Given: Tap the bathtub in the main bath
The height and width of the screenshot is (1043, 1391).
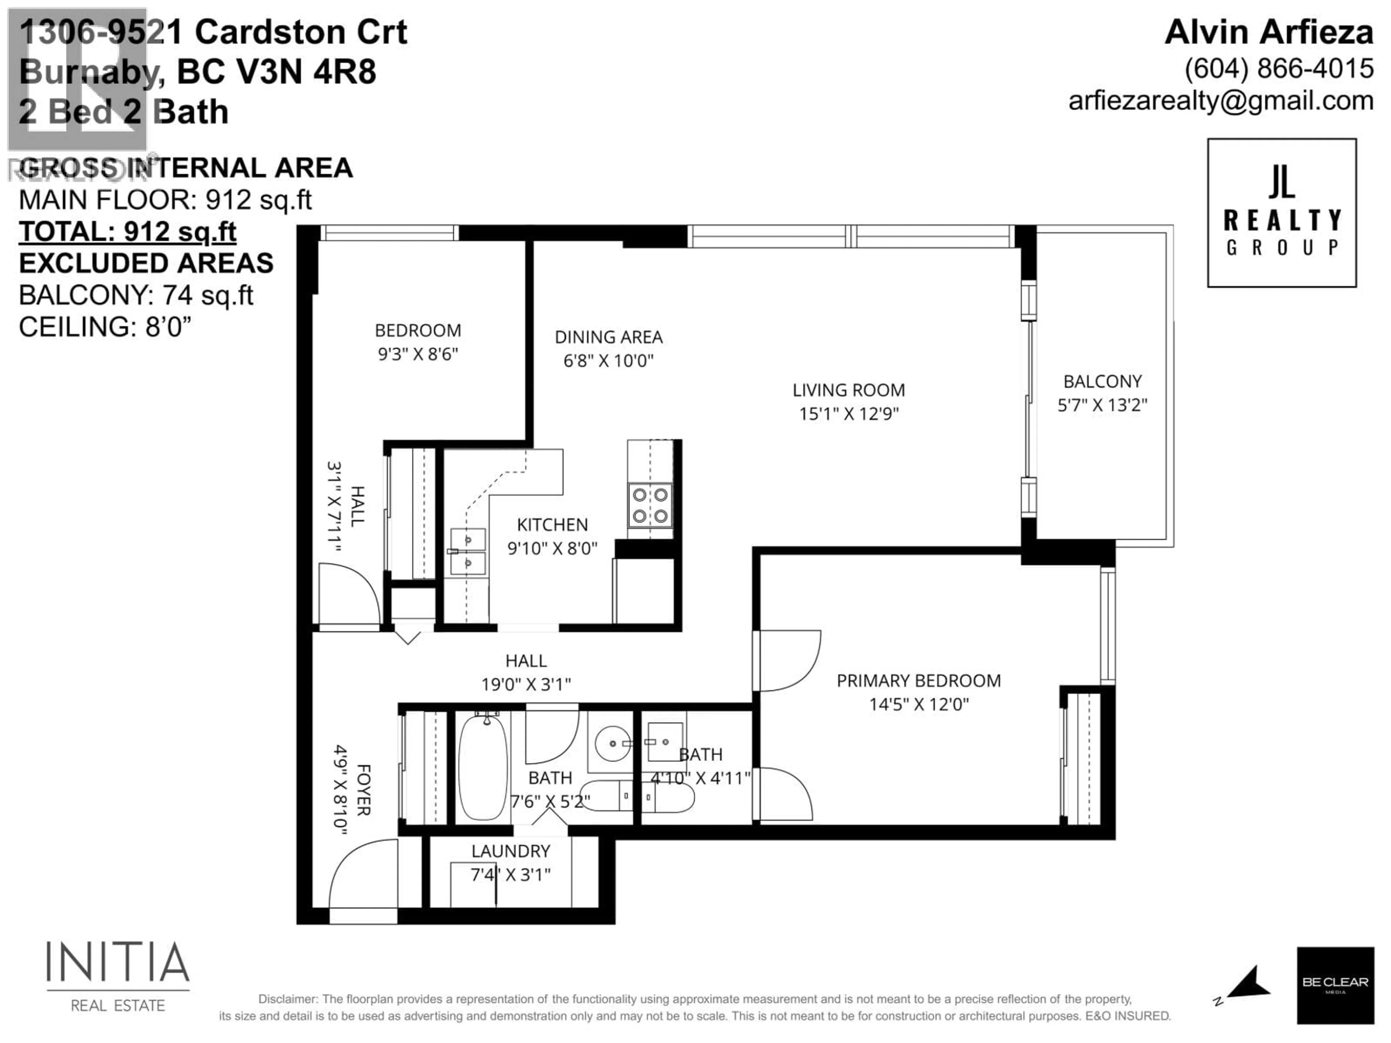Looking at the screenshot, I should pyautogui.click(x=483, y=768).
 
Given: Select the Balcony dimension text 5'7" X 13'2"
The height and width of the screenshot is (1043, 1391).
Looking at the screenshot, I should pyautogui.click(x=1102, y=405).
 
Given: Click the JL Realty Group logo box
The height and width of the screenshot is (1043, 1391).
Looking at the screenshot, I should pyautogui.click(x=1282, y=213).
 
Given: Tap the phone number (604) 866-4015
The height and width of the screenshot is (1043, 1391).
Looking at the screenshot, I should pyautogui.click(x=1278, y=68).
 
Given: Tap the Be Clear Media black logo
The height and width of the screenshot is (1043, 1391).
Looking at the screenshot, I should pyautogui.click(x=1335, y=985).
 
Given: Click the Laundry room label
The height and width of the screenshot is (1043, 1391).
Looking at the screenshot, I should pyautogui.click(x=511, y=851).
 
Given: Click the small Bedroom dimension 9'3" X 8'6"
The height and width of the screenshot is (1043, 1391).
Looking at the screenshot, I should pyautogui.click(x=418, y=354).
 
